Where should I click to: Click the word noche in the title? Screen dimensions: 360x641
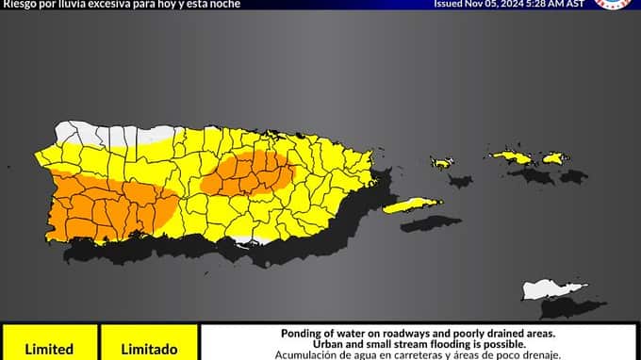[x=222, y=5]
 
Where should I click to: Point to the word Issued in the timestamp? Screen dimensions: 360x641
[x=450, y=4]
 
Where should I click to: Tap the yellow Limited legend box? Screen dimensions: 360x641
[x=48, y=344]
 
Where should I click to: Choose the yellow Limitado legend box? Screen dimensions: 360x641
[x=149, y=344]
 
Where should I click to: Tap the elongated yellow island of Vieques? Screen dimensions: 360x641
[x=412, y=205]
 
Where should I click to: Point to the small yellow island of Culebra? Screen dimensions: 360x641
[x=442, y=163]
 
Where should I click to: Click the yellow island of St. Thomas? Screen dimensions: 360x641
[x=512, y=156]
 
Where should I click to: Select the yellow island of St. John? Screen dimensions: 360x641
[x=553, y=158]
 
